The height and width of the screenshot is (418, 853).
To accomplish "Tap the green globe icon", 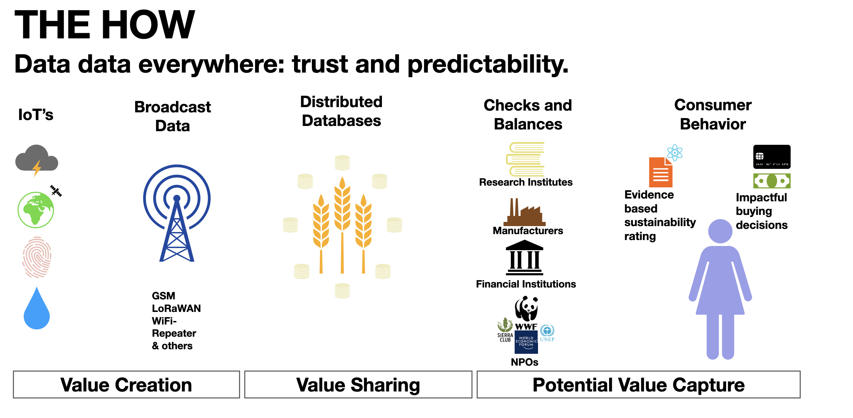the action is [x=36, y=210].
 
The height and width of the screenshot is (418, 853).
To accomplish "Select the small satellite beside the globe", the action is [x=56, y=191].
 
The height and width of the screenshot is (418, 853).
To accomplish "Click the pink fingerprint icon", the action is [x=37, y=257].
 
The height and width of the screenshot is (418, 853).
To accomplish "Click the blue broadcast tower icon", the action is [x=177, y=213].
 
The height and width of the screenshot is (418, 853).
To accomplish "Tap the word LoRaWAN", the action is [x=176, y=308].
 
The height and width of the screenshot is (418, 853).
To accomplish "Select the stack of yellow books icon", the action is [x=525, y=159].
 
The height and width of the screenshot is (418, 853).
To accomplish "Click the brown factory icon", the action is [x=524, y=212].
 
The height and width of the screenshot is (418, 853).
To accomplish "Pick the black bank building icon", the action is [x=524, y=257].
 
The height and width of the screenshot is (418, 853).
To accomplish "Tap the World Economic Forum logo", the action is [x=526, y=342].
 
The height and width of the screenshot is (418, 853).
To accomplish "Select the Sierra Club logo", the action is [x=505, y=330].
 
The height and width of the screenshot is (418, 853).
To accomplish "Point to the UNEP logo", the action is [x=547, y=333].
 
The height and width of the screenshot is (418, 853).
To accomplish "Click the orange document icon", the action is [x=661, y=172].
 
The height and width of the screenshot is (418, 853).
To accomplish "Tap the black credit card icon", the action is [x=772, y=157].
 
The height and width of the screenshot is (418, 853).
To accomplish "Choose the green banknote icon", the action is [x=772, y=181].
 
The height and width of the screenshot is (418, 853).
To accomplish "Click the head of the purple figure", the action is [x=720, y=231].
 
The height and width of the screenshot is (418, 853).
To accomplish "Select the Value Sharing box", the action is [x=358, y=385].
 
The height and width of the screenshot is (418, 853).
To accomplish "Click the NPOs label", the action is [x=524, y=362].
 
